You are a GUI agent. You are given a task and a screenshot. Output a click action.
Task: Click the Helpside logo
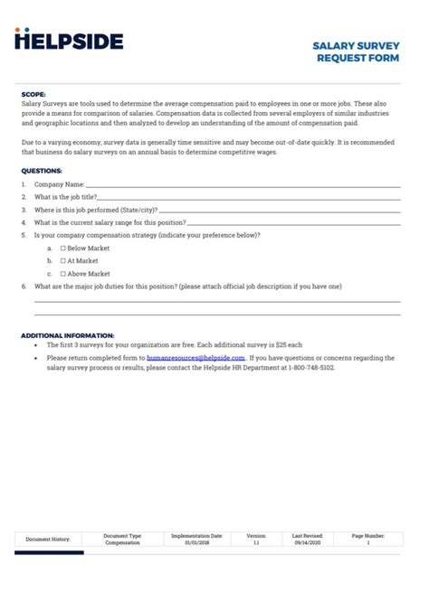pyautogui.click(x=70, y=40)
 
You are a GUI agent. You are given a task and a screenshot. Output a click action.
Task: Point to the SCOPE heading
pyautogui.click(x=33, y=94)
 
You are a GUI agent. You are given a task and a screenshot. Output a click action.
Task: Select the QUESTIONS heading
pyautogui.click(x=42, y=170)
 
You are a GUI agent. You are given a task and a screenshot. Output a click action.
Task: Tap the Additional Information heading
pyautogui.click(x=67, y=335)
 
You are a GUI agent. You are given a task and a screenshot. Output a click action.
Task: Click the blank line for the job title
pyautogui.click(x=249, y=197)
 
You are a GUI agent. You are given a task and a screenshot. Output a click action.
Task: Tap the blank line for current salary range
pyautogui.click(x=293, y=222)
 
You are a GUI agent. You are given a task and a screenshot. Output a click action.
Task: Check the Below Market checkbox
pyautogui.click(x=63, y=248)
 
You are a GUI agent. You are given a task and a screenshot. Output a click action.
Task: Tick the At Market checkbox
pyautogui.click(x=63, y=260)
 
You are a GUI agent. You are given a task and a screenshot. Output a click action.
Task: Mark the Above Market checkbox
pyautogui.click(x=63, y=273)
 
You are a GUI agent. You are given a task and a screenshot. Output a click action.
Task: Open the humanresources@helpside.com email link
pyautogui.click(x=195, y=358)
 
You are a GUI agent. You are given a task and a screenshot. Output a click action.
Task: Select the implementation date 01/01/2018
pyautogui.click(x=196, y=543)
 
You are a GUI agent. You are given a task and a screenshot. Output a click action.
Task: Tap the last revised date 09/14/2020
pyautogui.click(x=308, y=543)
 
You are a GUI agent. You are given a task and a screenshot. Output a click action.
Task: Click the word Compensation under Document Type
pyautogui.click(x=122, y=543)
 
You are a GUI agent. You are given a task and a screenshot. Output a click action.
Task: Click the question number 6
pyautogui.click(x=24, y=286)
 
